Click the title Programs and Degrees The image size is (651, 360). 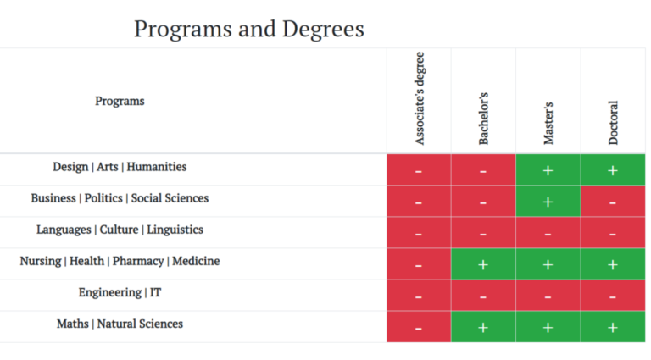[248, 29]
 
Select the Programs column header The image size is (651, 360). [120, 101]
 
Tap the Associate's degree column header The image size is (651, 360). [420, 98]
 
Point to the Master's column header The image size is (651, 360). [548, 124]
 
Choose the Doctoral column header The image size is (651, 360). [613, 123]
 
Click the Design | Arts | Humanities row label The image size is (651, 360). [120, 167]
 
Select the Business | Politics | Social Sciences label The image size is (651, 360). [120, 198]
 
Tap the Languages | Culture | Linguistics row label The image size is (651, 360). [120, 230]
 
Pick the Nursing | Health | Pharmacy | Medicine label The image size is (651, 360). [120, 261]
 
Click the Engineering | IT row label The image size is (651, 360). [120, 292]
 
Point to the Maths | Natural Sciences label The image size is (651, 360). [120, 324]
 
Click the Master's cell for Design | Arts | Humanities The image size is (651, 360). [548, 170]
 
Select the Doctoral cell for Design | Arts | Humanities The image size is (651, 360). [613, 170]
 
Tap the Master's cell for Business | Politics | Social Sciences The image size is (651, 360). [548, 202]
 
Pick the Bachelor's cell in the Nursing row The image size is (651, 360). [483, 264]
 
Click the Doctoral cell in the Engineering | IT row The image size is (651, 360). [613, 296]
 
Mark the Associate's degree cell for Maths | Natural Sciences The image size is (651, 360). [419, 327]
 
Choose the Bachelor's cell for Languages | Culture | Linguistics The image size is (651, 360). [483, 233]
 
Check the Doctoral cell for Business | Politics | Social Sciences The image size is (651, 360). [613, 202]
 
